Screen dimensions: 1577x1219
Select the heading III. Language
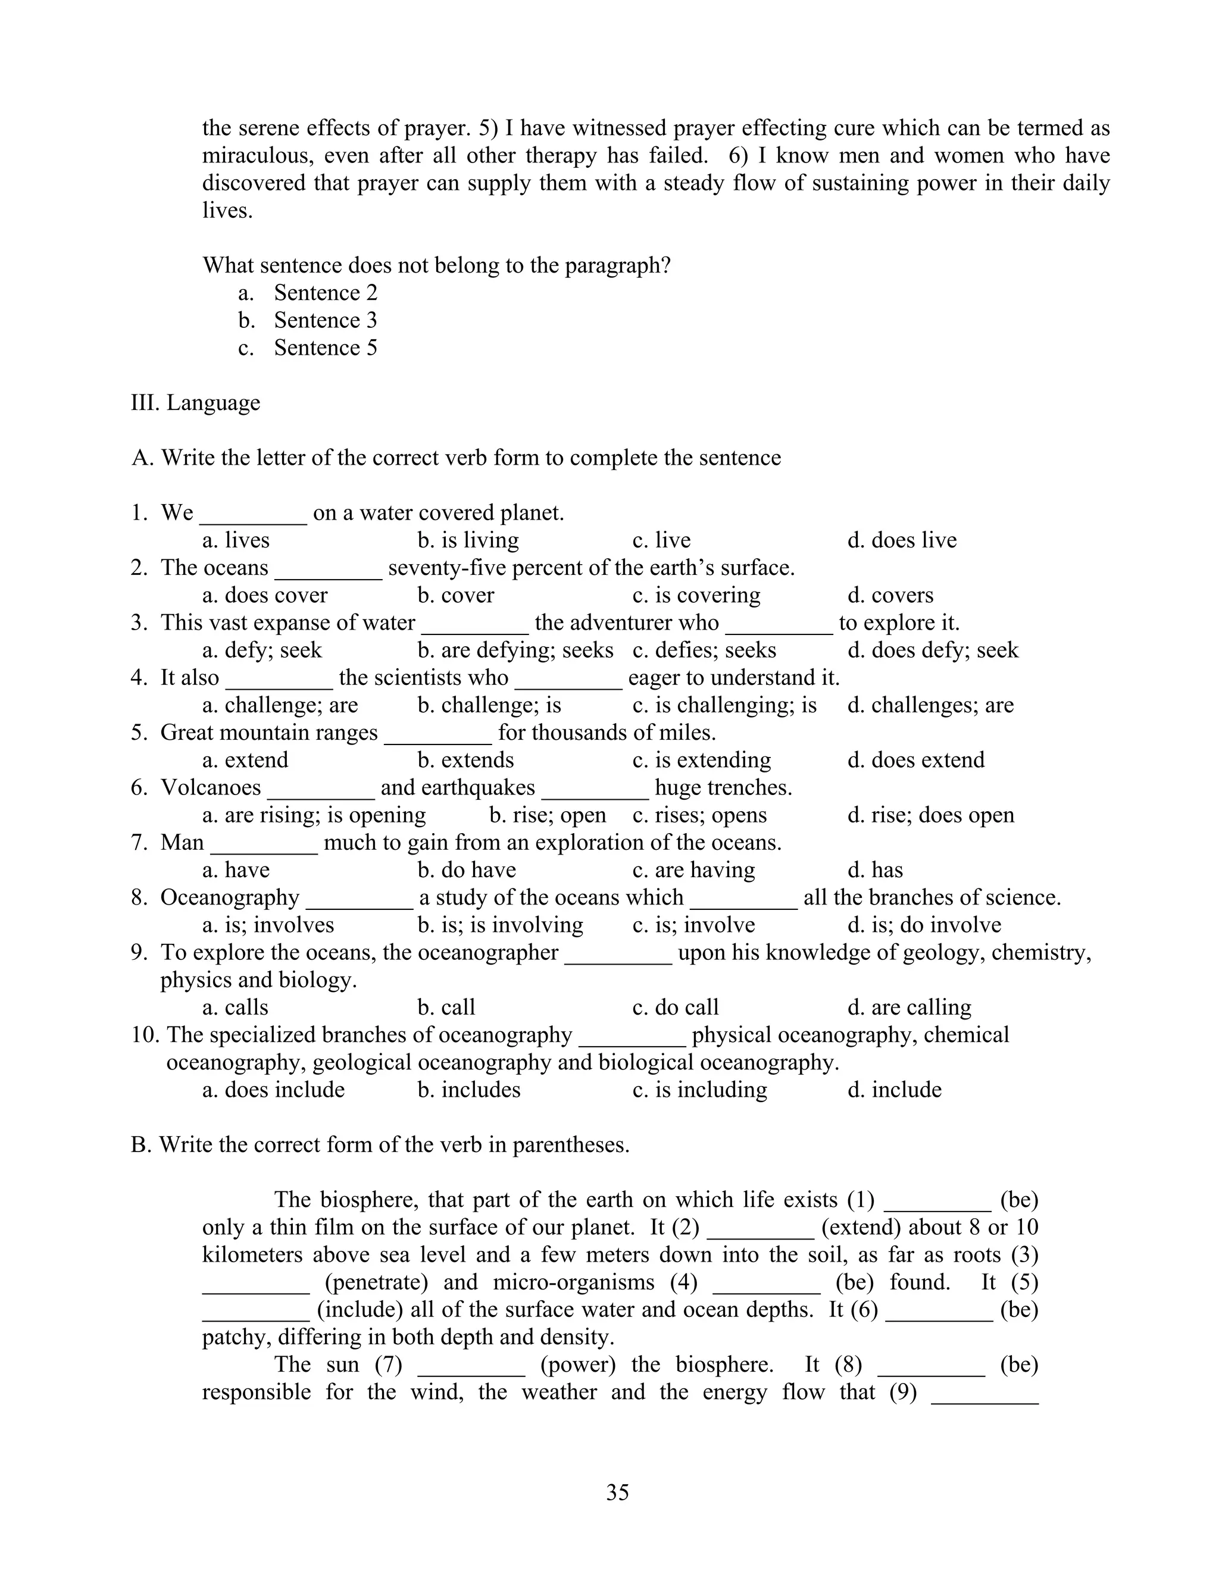pyautogui.click(x=195, y=403)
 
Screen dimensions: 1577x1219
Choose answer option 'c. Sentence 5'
pyautogui.click(x=308, y=348)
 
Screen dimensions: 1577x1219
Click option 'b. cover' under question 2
pyautogui.click(x=456, y=595)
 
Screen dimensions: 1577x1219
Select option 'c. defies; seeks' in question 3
pyautogui.click(x=704, y=650)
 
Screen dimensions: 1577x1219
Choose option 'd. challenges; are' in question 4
pyautogui.click(x=930, y=705)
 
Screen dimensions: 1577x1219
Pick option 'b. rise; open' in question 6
pyautogui.click(x=548, y=815)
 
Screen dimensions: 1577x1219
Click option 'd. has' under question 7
pyautogui.click(x=875, y=869)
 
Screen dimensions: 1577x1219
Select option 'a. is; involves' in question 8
pyautogui.click(x=268, y=925)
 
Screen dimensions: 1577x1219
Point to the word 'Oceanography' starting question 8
pyautogui.click(x=230, y=897)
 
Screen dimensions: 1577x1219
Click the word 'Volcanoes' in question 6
pyautogui.click(x=210, y=787)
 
